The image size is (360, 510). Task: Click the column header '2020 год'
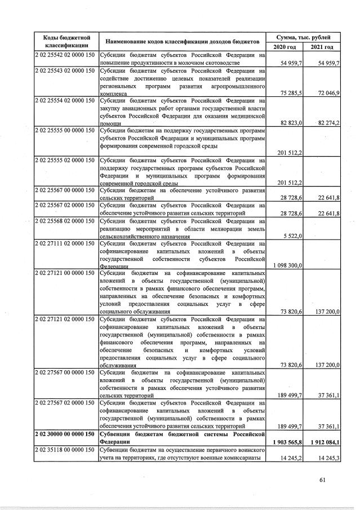(x=285, y=47)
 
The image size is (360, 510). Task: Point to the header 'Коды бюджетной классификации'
(x=63, y=41)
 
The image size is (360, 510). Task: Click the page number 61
(x=322, y=480)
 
